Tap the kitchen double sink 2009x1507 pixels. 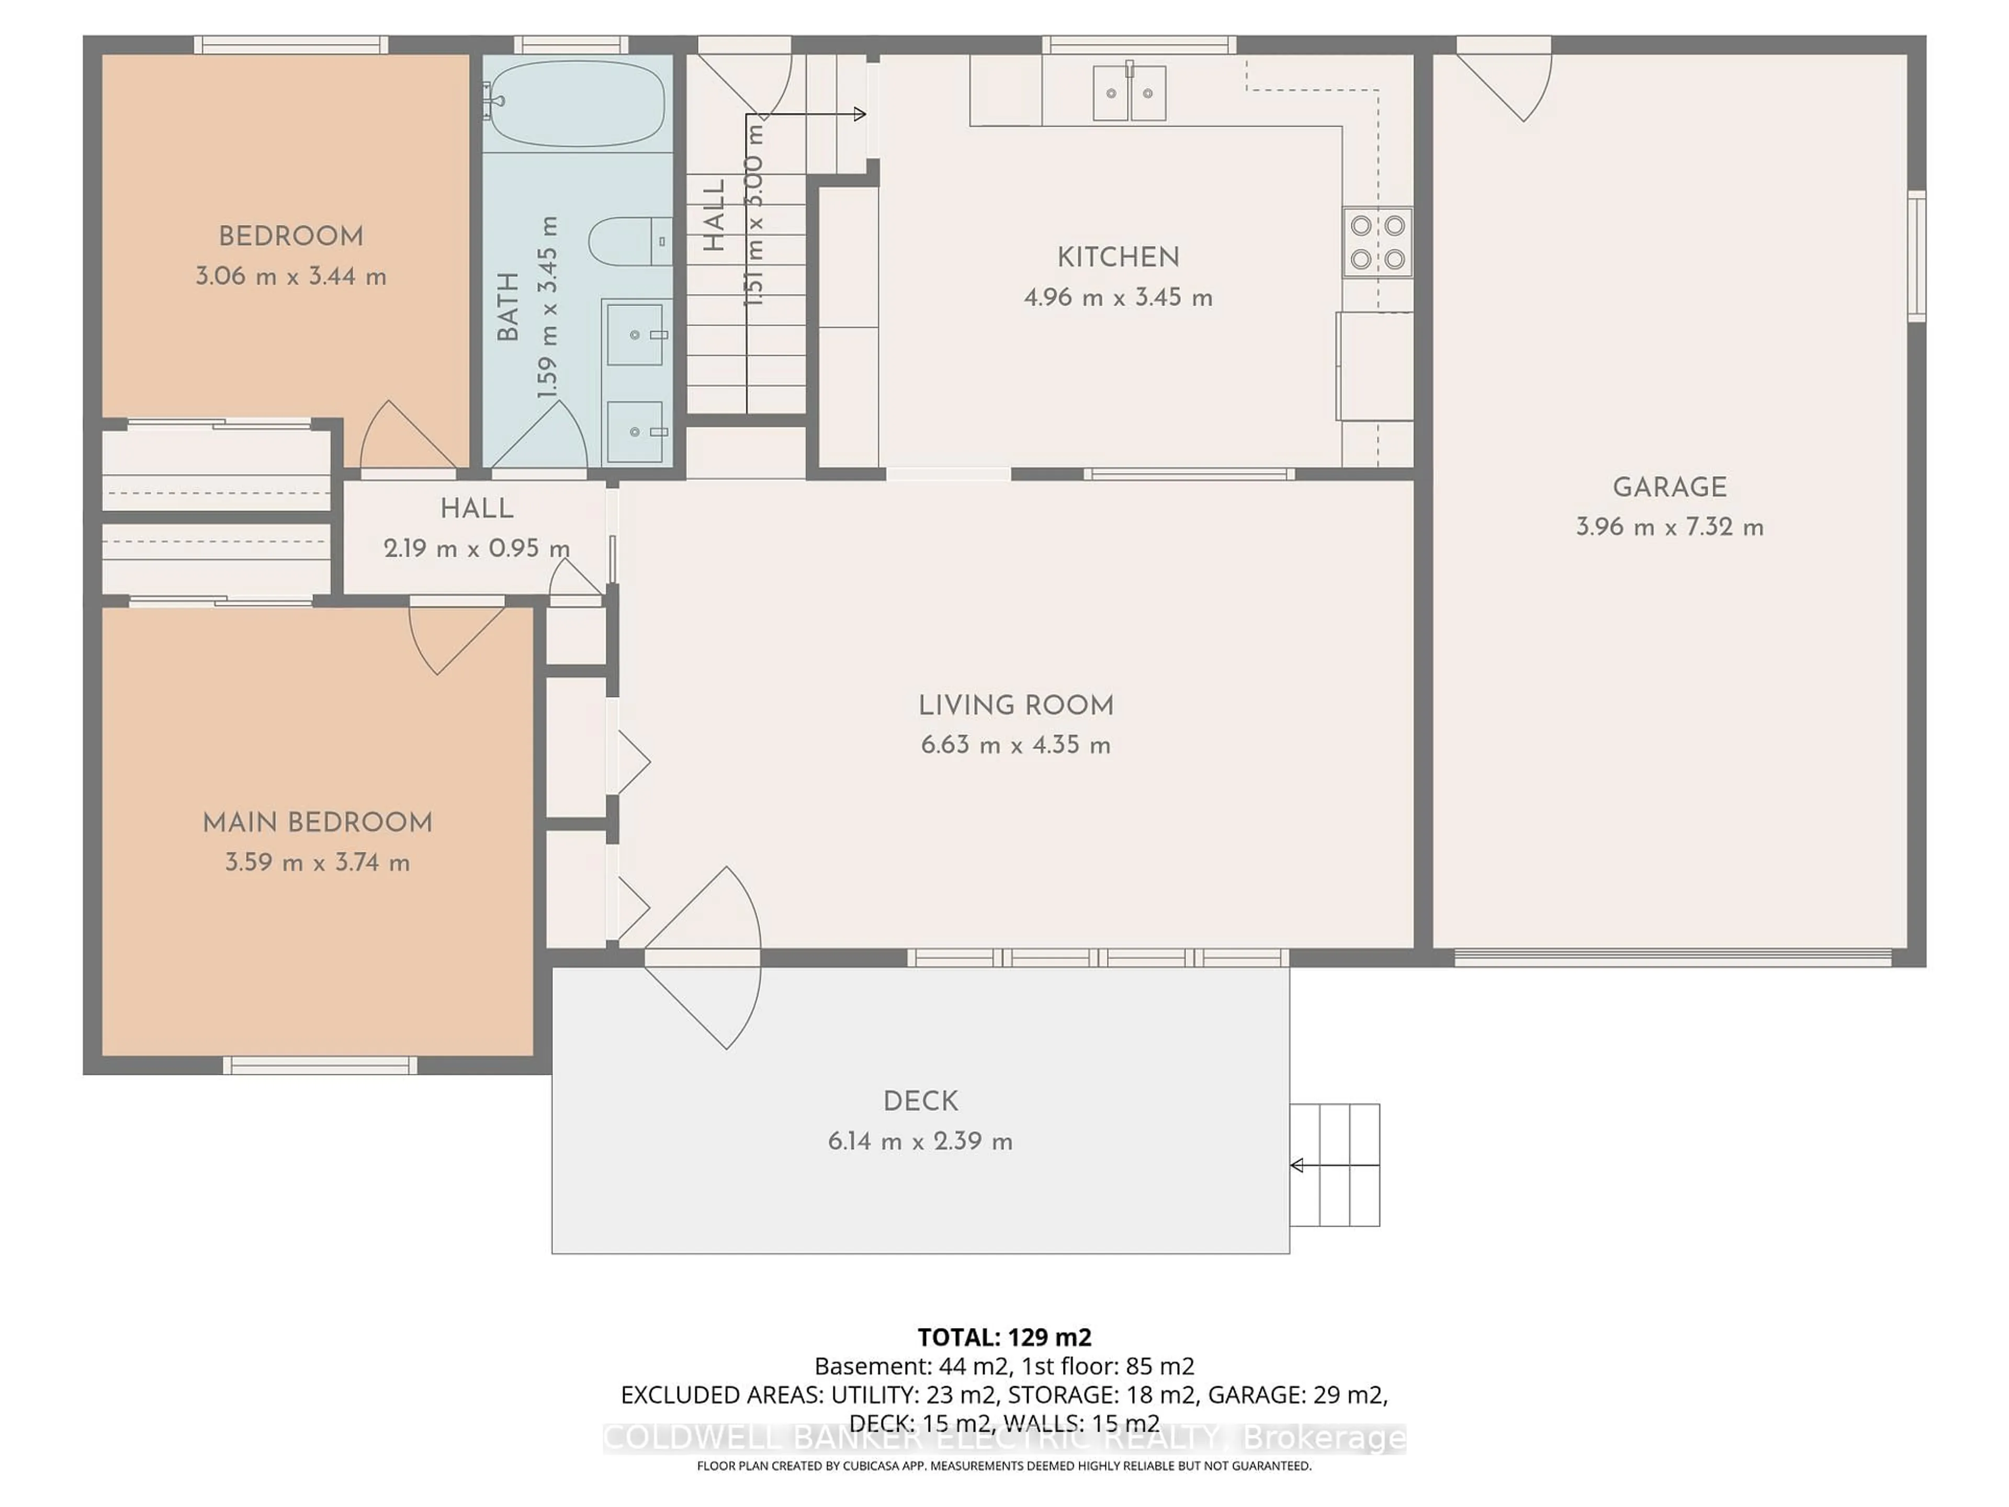1129,93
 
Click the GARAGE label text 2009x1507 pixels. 1669,488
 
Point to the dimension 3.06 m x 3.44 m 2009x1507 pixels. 291,277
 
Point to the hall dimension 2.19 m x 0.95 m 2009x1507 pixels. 477,549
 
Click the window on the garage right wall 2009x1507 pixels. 1916,256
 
